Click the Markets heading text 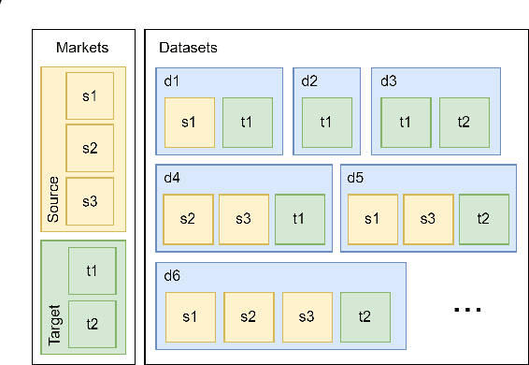pyautogui.click(x=82, y=48)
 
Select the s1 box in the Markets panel pyautogui.click(x=91, y=95)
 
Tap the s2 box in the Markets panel pyautogui.click(x=91, y=148)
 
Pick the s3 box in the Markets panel pyautogui.click(x=91, y=200)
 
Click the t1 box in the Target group pyautogui.click(x=92, y=270)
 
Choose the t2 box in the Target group pyautogui.click(x=92, y=323)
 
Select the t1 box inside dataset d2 pyautogui.click(x=326, y=122)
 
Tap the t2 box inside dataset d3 pyautogui.click(x=464, y=122)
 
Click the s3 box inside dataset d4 pyautogui.click(x=244, y=219)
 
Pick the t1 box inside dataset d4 pyautogui.click(x=299, y=219)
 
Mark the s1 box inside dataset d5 pyautogui.click(x=373, y=219)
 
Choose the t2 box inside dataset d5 pyautogui.click(x=483, y=219)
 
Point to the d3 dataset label pyautogui.click(x=388, y=80)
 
